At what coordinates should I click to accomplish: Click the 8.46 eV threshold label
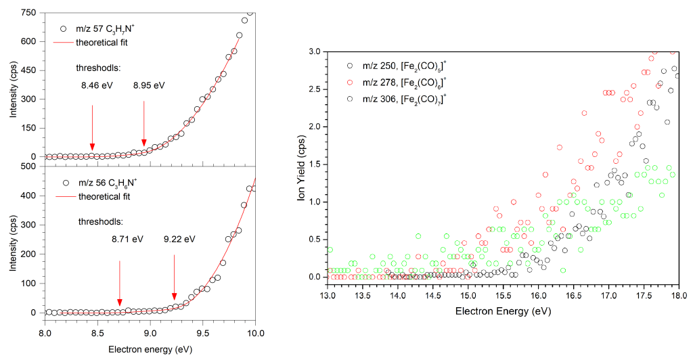click(x=93, y=85)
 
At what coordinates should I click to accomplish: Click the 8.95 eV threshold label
click(x=149, y=85)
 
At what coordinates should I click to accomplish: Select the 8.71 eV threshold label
click(x=128, y=239)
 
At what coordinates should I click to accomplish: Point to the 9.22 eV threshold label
click(x=179, y=239)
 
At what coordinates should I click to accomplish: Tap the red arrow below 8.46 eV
click(x=92, y=129)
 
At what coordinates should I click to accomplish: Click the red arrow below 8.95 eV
click(x=143, y=126)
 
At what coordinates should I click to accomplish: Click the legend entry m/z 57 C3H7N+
click(x=108, y=29)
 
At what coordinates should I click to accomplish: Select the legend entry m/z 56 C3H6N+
click(x=108, y=183)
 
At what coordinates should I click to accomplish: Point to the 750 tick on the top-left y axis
click(x=28, y=13)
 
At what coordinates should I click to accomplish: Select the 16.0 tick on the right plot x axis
click(x=538, y=296)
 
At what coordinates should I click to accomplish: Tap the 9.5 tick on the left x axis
click(x=202, y=334)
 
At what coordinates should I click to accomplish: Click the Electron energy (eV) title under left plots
click(x=150, y=350)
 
